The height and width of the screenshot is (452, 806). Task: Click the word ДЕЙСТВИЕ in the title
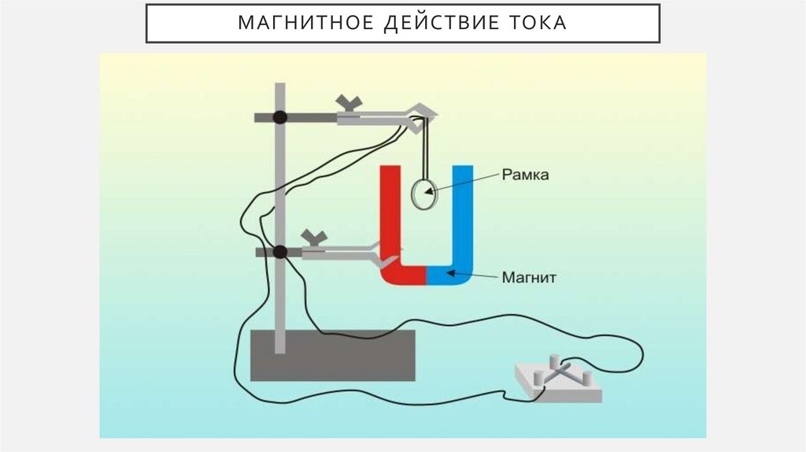[429, 23]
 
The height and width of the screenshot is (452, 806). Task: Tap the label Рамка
[525, 176]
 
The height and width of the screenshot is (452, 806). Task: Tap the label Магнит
[528, 276]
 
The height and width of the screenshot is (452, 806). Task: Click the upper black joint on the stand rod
[279, 117]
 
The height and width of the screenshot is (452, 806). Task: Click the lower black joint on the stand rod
[279, 252]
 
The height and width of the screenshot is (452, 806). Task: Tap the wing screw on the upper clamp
[349, 103]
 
